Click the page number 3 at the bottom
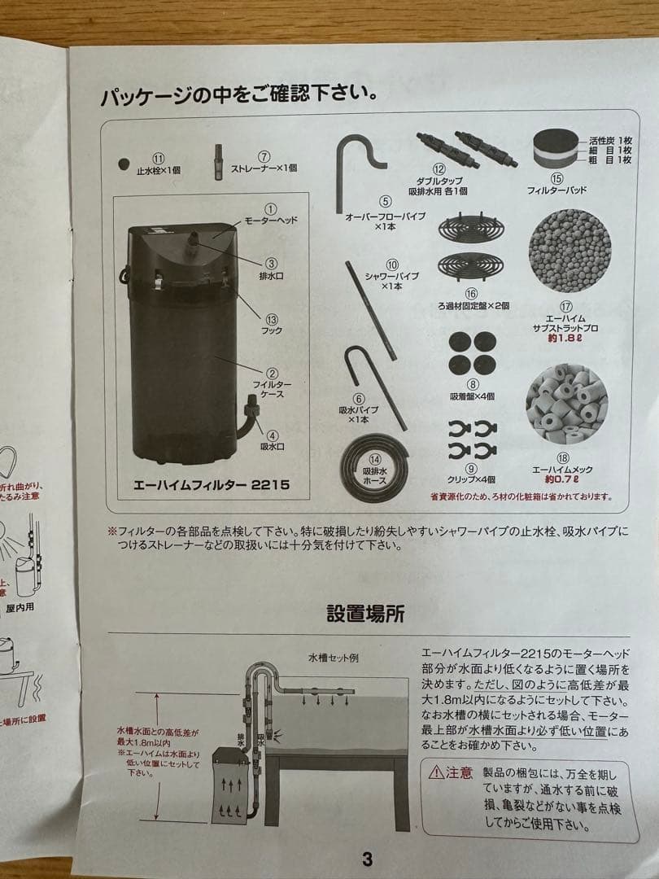pyautogui.click(x=367, y=859)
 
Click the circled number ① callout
pyautogui.click(x=272, y=209)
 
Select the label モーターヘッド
pyautogui.click(x=272, y=221)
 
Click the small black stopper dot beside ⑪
pyautogui.click(x=124, y=164)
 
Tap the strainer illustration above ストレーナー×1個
pyautogui.click(x=218, y=161)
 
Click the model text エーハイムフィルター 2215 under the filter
pyautogui.click(x=211, y=483)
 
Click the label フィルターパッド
pyautogui.click(x=556, y=190)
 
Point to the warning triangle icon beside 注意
pyautogui.click(x=437, y=772)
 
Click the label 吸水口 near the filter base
pyautogui.click(x=272, y=447)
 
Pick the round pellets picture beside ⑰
pyautogui.click(x=569, y=251)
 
